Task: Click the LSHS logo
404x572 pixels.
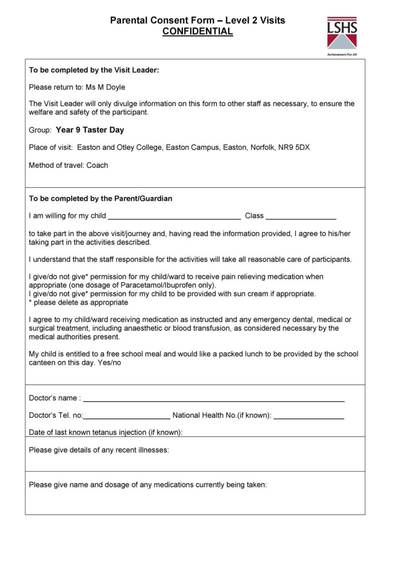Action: (342, 32)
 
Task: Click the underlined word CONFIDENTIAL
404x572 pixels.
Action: (197, 32)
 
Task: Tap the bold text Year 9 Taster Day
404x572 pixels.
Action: (90, 130)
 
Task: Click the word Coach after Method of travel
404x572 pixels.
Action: (97, 165)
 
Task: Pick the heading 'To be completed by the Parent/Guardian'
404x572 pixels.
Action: (100, 199)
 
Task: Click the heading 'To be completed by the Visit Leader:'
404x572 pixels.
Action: (94, 70)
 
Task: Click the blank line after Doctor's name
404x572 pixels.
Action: (213, 399)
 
